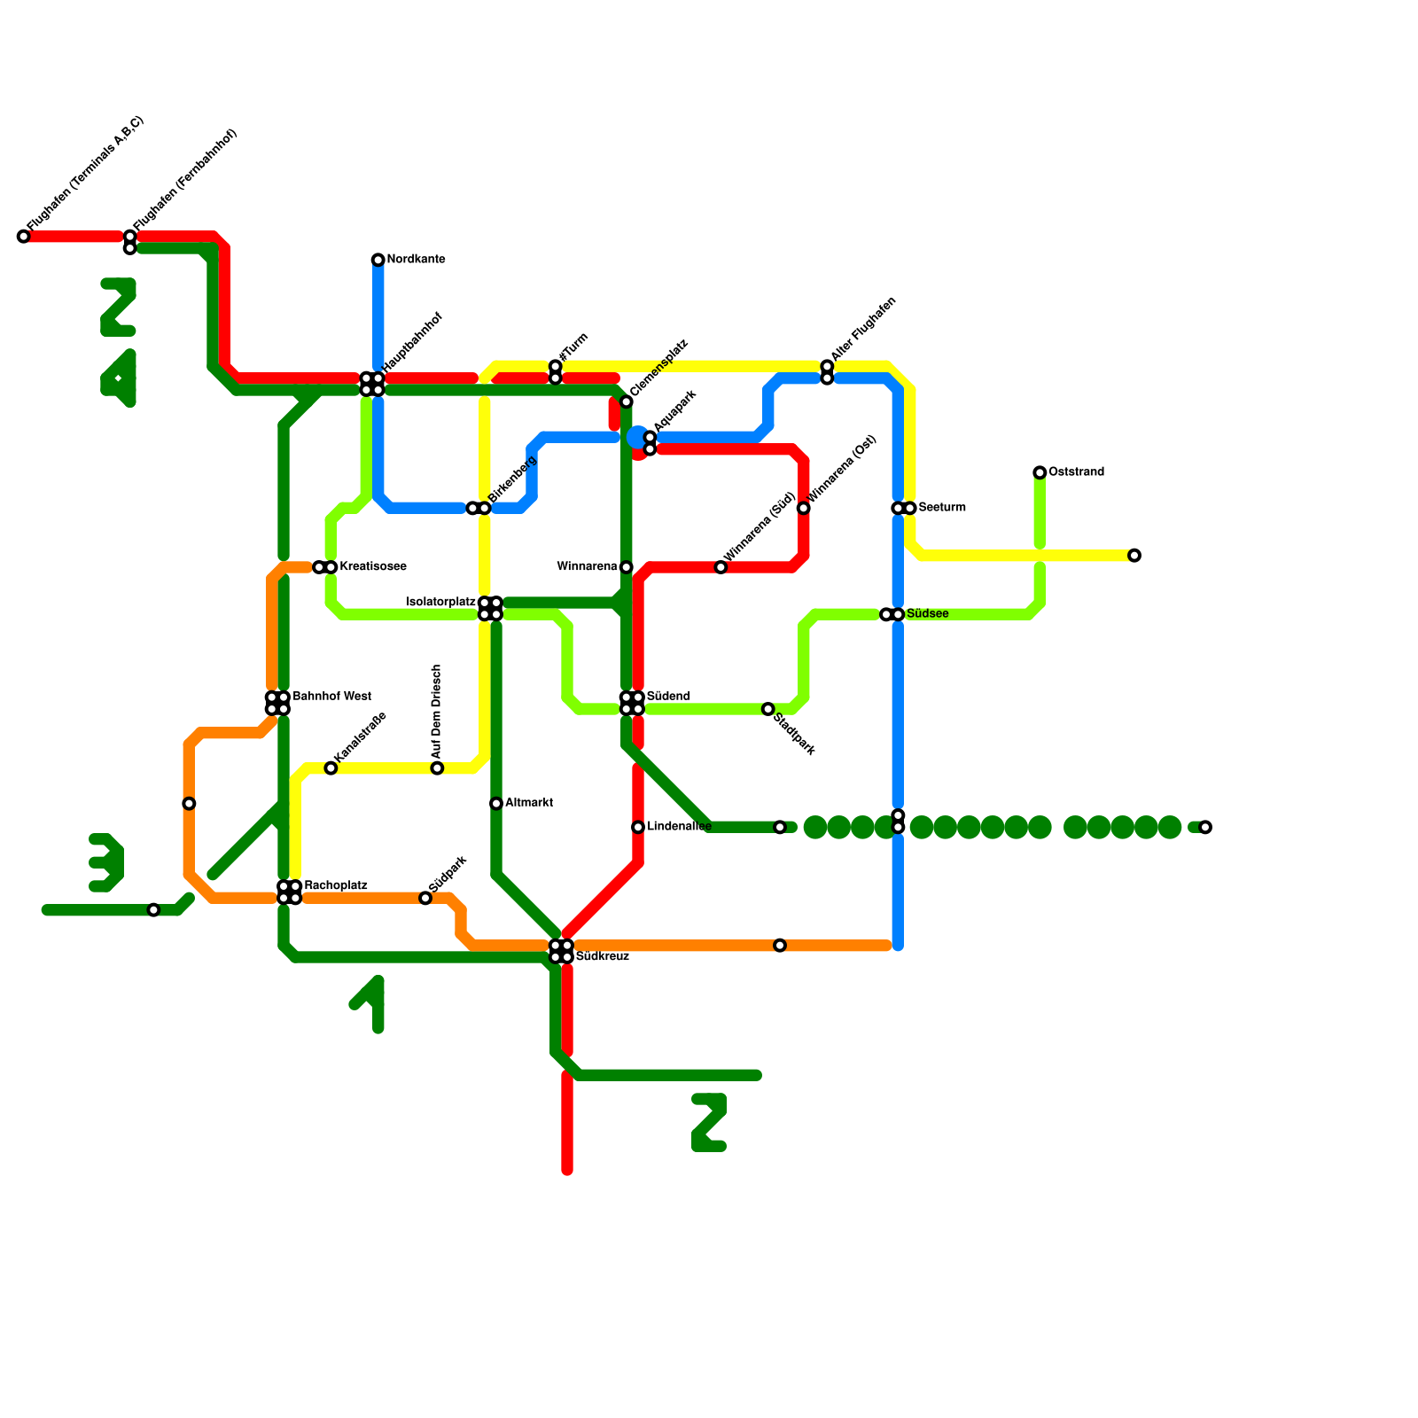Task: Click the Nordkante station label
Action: pos(416,260)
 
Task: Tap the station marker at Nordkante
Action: pos(378,260)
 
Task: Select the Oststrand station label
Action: pos(1076,472)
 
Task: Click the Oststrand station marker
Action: pos(1040,472)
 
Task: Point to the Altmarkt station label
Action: pos(529,803)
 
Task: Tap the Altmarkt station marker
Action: pos(496,804)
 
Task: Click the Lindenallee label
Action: pos(679,827)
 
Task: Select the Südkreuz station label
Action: pos(603,957)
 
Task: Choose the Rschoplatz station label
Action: pos(336,886)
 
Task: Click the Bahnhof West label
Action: pos(331,697)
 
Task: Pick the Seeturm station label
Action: pos(942,508)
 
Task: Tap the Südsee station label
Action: pos(928,614)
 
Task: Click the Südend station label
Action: pos(668,697)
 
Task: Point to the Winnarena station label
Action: pos(587,567)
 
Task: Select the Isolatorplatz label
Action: pos(440,603)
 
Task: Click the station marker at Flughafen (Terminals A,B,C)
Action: pos(24,237)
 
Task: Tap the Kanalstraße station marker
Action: pos(331,768)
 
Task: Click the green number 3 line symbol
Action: pos(106,862)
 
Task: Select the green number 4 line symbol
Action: pos(119,378)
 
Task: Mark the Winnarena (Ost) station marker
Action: pos(804,508)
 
